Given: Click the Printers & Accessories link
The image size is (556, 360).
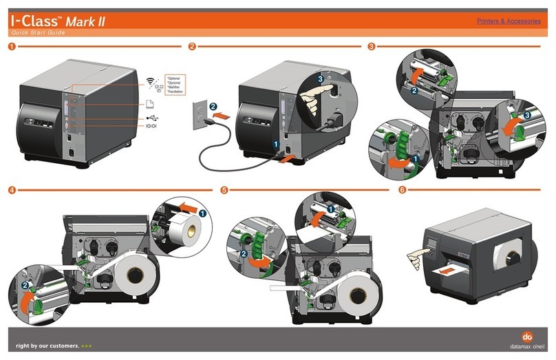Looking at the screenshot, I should (508, 21).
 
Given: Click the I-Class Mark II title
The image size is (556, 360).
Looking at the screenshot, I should (56, 21).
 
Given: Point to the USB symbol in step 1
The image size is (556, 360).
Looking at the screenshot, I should (151, 118).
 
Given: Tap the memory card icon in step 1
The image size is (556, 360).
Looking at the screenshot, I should (150, 103).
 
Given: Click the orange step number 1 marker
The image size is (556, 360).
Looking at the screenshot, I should (10, 47).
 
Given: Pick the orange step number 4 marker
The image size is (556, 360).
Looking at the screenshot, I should (10, 190).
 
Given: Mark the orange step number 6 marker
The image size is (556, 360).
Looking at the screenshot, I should (402, 190).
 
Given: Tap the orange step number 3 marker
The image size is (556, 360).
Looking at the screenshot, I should (372, 47).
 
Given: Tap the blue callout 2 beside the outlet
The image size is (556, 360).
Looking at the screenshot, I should (213, 106).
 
